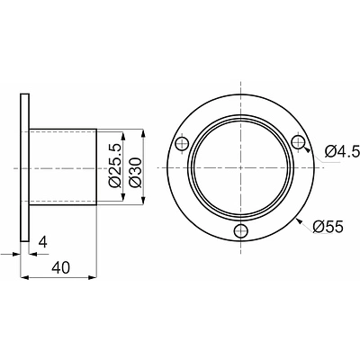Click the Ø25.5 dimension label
[x=115, y=166]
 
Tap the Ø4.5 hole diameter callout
[x=342, y=152]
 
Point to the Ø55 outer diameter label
[x=328, y=227]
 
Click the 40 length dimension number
[x=60, y=268]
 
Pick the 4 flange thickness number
[x=43, y=242]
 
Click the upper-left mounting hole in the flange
[x=182, y=144]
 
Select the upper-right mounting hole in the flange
[x=299, y=141]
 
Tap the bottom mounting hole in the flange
[x=241, y=230]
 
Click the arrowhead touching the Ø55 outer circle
[x=300, y=222]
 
